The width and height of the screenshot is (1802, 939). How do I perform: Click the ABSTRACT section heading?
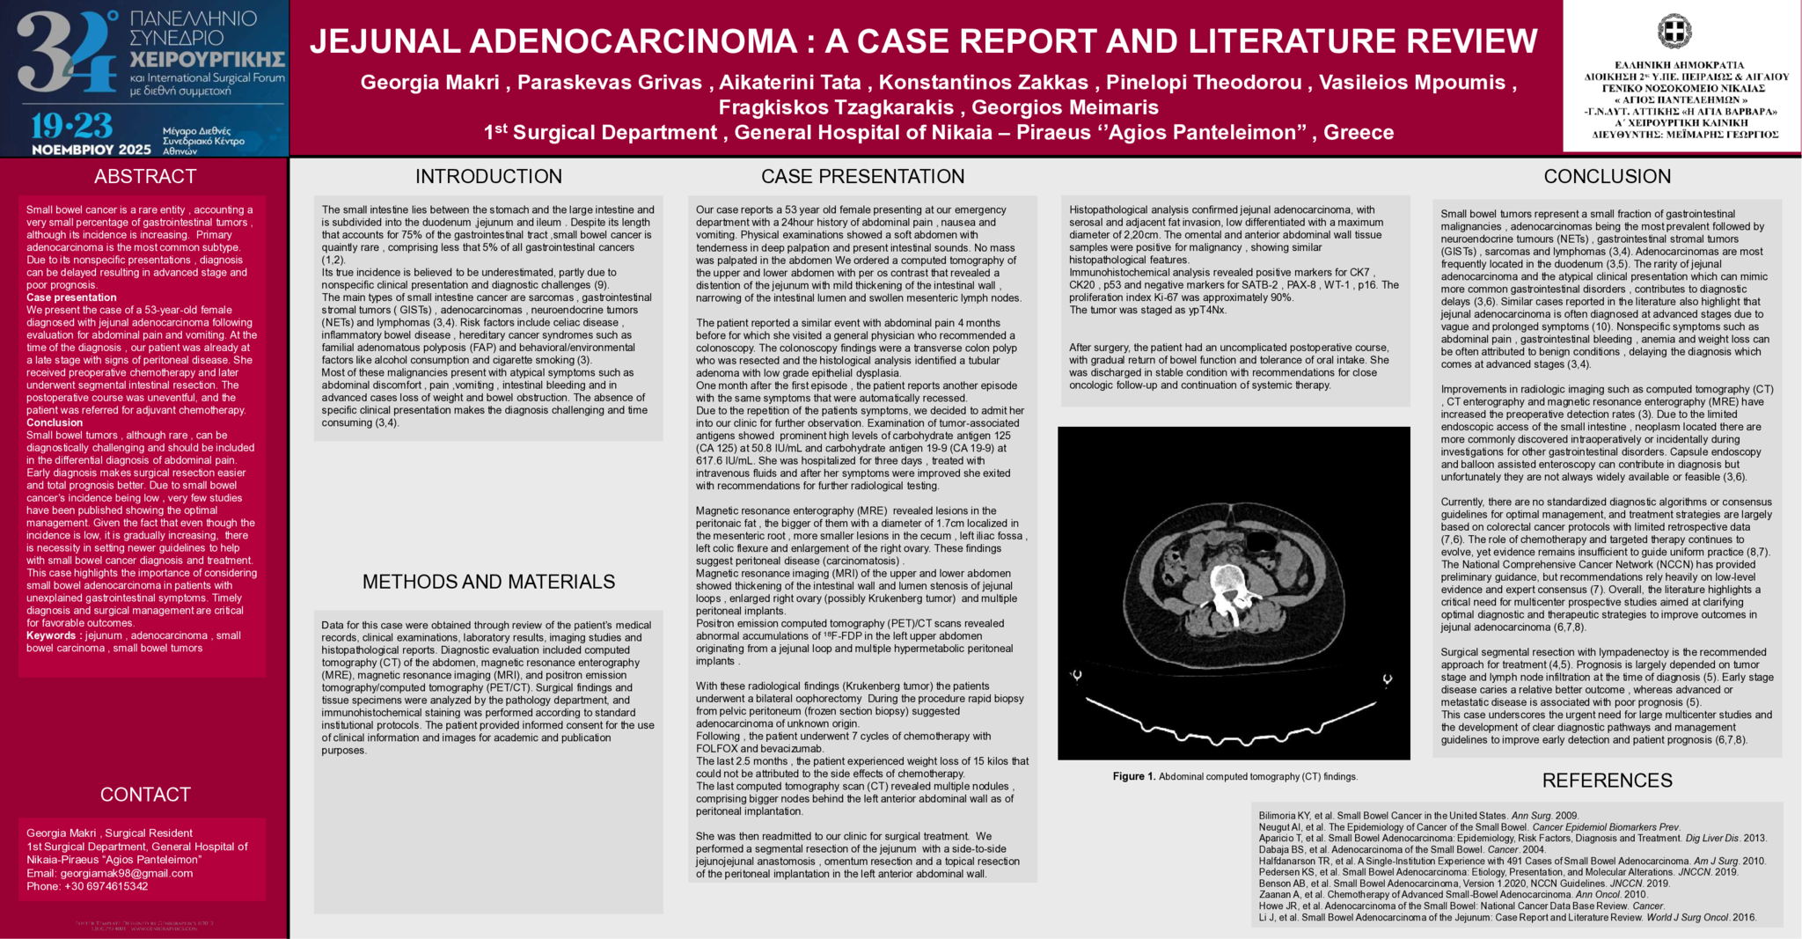pyautogui.click(x=145, y=176)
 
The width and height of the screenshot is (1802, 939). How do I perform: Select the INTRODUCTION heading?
pyautogui.click(x=488, y=176)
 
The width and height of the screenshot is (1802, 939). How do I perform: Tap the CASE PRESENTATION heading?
pyautogui.click(x=862, y=176)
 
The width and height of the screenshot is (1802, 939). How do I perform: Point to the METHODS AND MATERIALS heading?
pyautogui.click(x=488, y=582)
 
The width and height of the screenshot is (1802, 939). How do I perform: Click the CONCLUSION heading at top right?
pyautogui.click(x=1607, y=176)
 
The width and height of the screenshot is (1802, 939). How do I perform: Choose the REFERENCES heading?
pyautogui.click(x=1607, y=781)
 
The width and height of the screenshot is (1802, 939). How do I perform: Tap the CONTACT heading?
pyautogui.click(x=145, y=795)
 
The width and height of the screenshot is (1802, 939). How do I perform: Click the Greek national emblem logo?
pyautogui.click(x=1674, y=32)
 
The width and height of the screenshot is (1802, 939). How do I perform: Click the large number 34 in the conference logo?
pyautogui.click(x=66, y=53)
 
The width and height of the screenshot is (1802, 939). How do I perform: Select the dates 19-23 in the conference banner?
pyautogui.click(x=72, y=126)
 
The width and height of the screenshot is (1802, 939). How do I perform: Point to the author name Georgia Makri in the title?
pyautogui.click(x=429, y=83)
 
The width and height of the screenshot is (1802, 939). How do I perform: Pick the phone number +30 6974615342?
pyautogui.click(x=106, y=886)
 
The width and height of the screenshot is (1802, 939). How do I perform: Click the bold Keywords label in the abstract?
pyautogui.click(x=51, y=635)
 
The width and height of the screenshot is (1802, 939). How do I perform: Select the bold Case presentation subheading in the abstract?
pyautogui.click(x=70, y=297)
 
